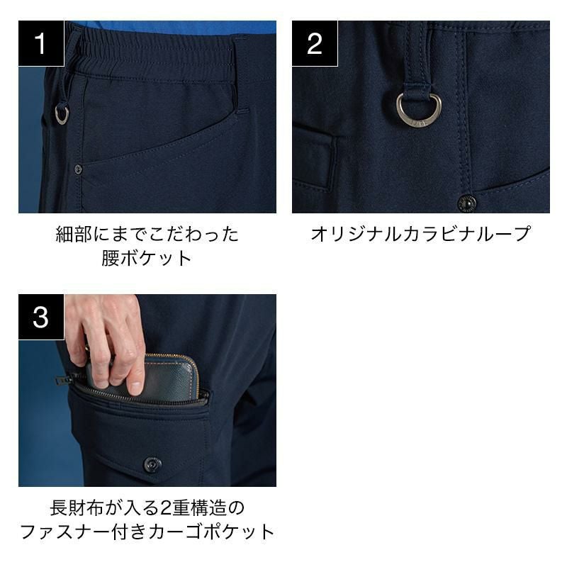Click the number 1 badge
pos(41,43)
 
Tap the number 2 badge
pos(315,43)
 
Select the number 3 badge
pos(41,317)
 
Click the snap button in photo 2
pos(467,203)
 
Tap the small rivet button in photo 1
pos(78,169)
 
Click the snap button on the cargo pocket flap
pos(152,464)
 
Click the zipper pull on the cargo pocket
pos(62,380)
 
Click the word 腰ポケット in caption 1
pos(147,258)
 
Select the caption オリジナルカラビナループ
pos(420,234)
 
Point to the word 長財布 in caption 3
pos(77,507)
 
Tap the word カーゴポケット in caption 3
pos(211,532)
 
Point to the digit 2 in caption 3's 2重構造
pos(164,508)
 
